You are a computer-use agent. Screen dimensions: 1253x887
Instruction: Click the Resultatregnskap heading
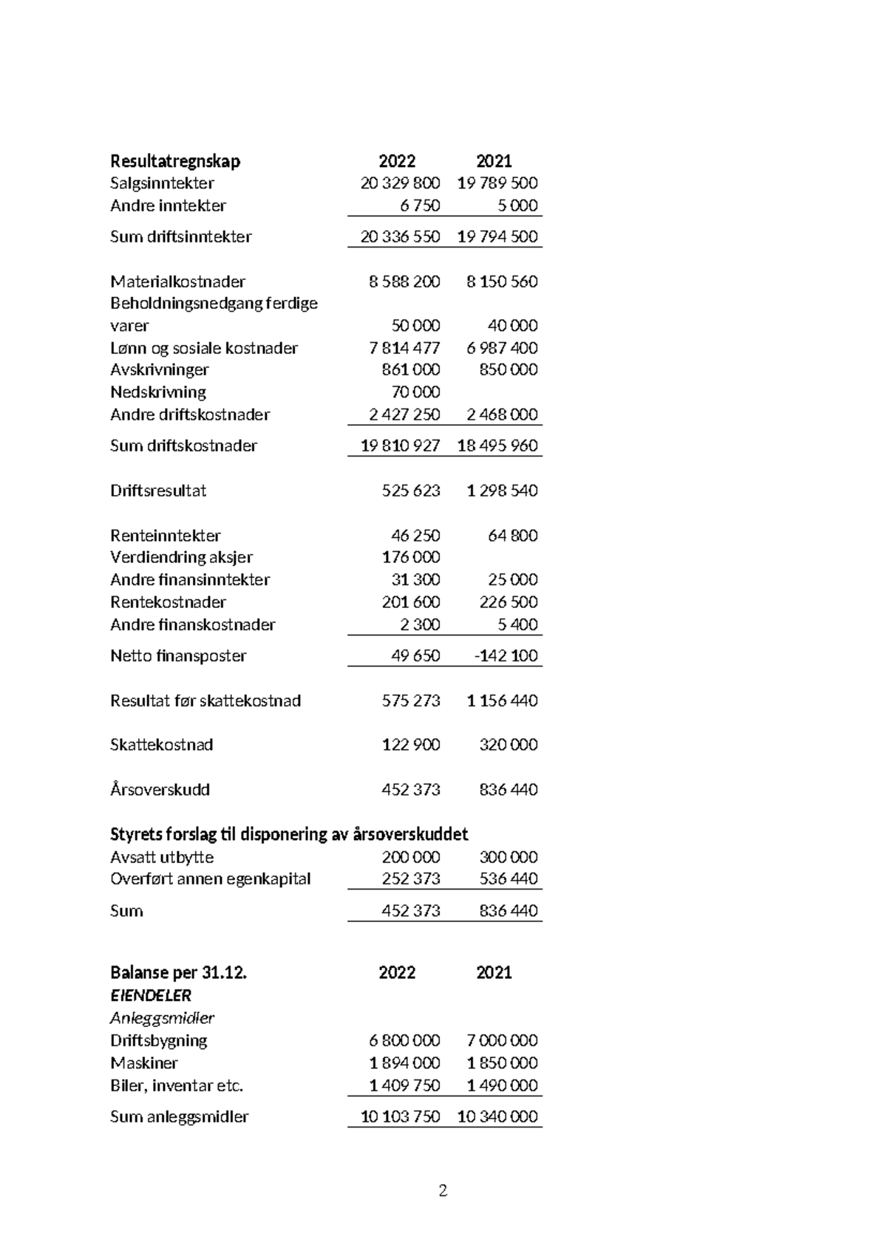click(x=175, y=161)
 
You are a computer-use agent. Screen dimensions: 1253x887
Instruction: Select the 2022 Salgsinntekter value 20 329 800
click(x=400, y=183)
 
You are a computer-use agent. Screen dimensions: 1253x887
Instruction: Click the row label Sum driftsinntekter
click(x=180, y=237)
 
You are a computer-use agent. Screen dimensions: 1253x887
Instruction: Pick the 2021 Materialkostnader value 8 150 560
click(x=502, y=281)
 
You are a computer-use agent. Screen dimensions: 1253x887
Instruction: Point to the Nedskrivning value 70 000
click(x=415, y=392)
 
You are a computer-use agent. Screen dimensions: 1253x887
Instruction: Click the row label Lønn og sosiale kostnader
click(x=204, y=348)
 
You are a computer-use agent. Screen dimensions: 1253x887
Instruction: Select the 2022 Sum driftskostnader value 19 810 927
click(x=400, y=446)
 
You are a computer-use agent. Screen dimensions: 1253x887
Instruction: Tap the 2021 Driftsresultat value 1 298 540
click(x=502, y=491)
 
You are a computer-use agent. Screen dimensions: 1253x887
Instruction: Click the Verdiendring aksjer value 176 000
click(x=410, y=557)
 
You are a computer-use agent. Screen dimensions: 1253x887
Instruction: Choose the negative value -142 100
click(x=506, y=656)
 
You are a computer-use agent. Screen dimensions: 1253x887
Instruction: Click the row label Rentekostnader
click(x=168, y=602)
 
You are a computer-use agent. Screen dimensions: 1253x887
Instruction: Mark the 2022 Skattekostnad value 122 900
click(x=410, y=745)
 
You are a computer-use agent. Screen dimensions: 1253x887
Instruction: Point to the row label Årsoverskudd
click(x=160, y=790)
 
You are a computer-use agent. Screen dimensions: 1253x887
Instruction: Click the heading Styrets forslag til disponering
click(x=288, y=834)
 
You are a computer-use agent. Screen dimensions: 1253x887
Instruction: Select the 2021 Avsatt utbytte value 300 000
click(x=508, y=857)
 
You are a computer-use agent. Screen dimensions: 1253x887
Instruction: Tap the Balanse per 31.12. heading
click(x=178, y=973)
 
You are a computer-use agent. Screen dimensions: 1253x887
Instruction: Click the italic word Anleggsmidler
click(x=162, y=1018)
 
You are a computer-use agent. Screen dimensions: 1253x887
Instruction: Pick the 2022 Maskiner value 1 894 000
click(x=404, y=1063)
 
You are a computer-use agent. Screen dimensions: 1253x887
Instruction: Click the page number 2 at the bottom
click(x=443, y=1190)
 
